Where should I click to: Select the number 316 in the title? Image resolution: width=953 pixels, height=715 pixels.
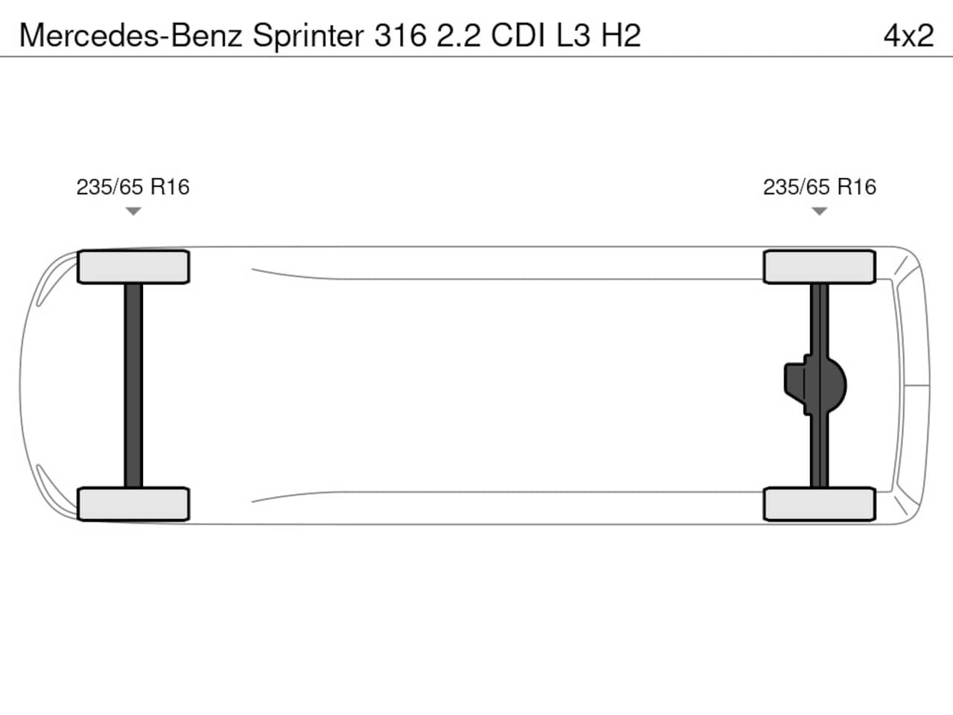401,36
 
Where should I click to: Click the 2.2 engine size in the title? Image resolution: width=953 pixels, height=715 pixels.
459,36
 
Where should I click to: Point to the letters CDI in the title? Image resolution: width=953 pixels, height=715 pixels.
518,36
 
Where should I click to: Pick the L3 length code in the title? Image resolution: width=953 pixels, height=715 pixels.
573,36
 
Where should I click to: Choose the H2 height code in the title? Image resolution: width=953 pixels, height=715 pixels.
621,36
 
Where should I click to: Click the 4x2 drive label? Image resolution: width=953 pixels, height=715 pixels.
908,36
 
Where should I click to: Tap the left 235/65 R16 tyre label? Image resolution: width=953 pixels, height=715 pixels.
133,187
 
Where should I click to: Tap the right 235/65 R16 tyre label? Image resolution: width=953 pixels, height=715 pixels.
820,187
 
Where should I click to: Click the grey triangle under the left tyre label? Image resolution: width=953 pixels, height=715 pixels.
133,211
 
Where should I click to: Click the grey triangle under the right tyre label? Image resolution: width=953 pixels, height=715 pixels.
819,211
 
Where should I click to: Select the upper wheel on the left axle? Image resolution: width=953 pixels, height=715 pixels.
133,267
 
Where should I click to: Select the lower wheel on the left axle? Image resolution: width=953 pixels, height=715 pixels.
133,504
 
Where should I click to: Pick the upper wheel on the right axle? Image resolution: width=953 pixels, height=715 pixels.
819,267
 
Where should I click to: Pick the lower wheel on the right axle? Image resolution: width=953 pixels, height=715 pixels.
819,504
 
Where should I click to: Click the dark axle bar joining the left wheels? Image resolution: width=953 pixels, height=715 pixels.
133,386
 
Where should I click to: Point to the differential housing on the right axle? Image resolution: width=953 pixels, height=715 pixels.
815,385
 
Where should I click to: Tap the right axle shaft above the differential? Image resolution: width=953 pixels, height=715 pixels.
819,320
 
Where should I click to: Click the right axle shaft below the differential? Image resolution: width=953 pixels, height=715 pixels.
819,451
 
